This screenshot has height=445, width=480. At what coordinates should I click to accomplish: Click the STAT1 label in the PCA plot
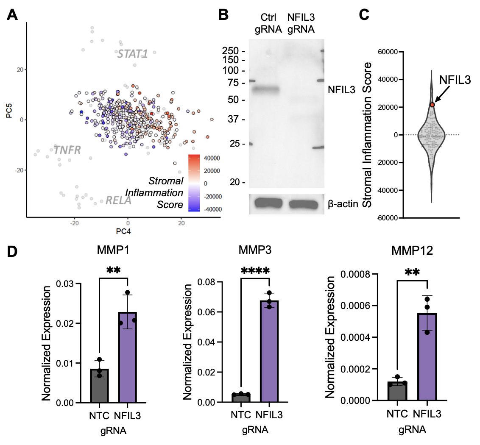click(132, 54)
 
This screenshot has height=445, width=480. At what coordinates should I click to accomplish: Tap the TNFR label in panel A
click(67, 150)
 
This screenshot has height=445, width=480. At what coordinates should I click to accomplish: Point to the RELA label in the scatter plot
click(118, 200)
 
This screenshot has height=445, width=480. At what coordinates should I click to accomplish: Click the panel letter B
click(223, 15)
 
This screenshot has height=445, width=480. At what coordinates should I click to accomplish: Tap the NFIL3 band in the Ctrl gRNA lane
click(266, 89)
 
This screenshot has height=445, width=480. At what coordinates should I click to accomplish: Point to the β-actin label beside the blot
click(343, 204)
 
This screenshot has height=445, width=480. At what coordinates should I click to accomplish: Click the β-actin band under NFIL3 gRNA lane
click(304, 204)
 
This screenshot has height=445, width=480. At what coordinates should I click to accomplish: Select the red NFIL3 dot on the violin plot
click(432, 104)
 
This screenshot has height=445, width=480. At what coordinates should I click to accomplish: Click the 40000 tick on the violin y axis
click(387, 79)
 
